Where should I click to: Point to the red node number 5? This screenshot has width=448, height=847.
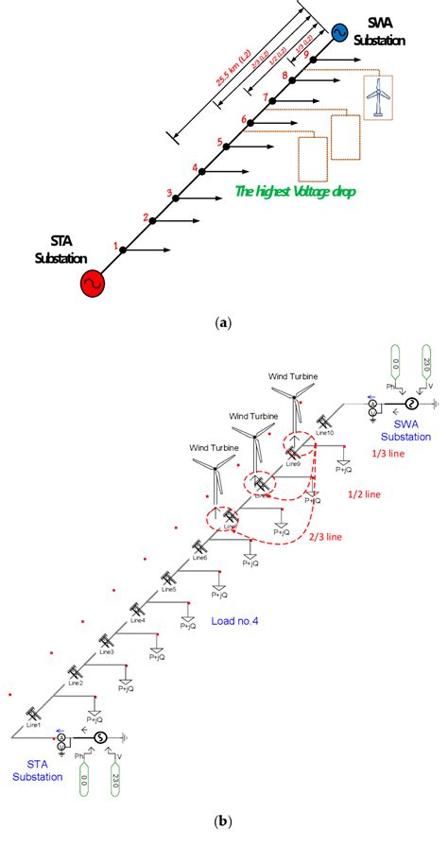(x=219, y=143)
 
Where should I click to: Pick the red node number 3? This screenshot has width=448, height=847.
(x=169, y=194)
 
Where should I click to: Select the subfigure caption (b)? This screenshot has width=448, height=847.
(x=223, y=821)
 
